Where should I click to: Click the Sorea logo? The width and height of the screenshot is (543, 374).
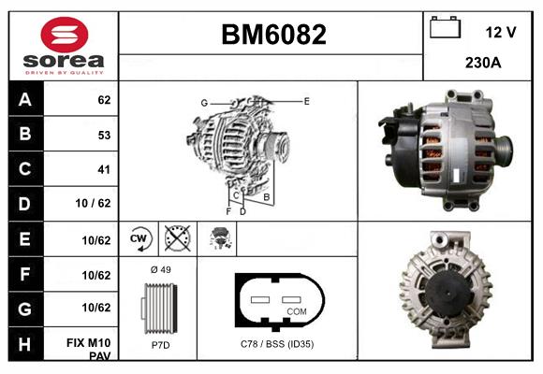[63, 46]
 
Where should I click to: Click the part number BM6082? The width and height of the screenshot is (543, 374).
[273, 35]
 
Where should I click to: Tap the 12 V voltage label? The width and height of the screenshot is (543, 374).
[501, 32]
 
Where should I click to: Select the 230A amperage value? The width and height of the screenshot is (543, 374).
[482, 63]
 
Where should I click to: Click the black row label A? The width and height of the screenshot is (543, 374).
[25, 98]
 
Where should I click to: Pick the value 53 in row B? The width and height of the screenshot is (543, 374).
[103, 135]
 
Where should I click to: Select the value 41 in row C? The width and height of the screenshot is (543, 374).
[103, 170]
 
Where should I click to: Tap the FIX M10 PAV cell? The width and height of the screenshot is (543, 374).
[95, 348]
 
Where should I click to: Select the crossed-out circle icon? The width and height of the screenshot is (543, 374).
[176, 239]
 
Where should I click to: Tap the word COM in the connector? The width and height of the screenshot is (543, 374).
[297, 311]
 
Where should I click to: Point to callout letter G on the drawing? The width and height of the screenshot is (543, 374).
[203, 102]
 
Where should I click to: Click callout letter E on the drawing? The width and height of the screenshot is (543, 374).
[306, 99]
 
